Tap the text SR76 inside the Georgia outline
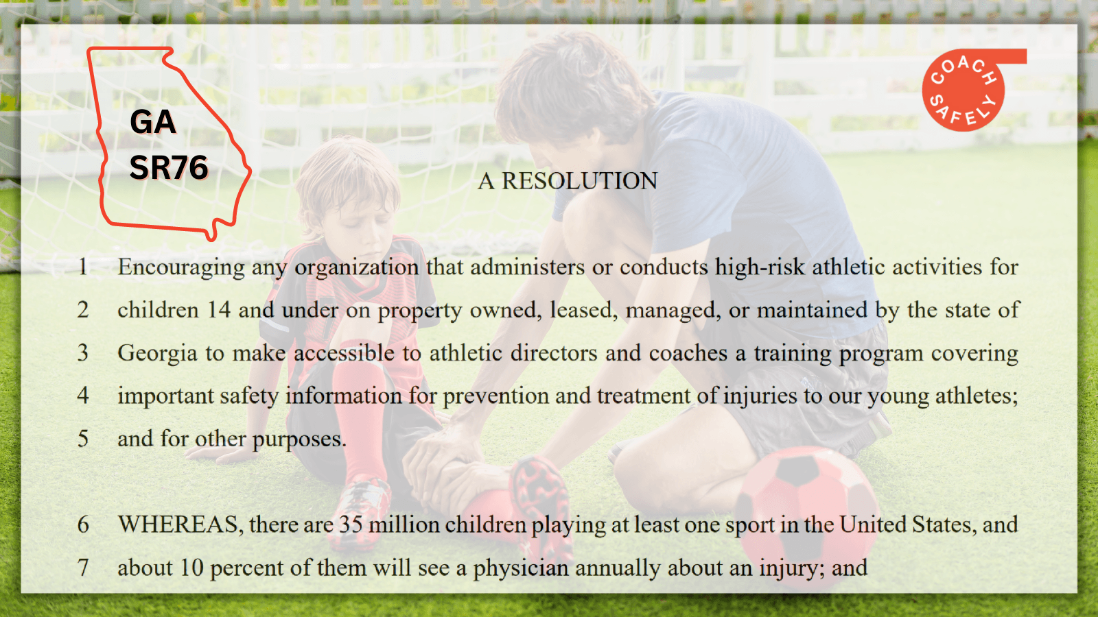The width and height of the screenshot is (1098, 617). tap(169, 167)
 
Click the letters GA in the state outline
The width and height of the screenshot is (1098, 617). tap(152, 121)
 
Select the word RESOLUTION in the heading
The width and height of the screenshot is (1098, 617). tap(579, 181)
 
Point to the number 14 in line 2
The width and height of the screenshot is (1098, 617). tap(219, 310)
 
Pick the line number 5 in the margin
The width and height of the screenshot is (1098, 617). tap(83, 439)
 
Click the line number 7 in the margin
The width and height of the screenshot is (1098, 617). tap(83, 568)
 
